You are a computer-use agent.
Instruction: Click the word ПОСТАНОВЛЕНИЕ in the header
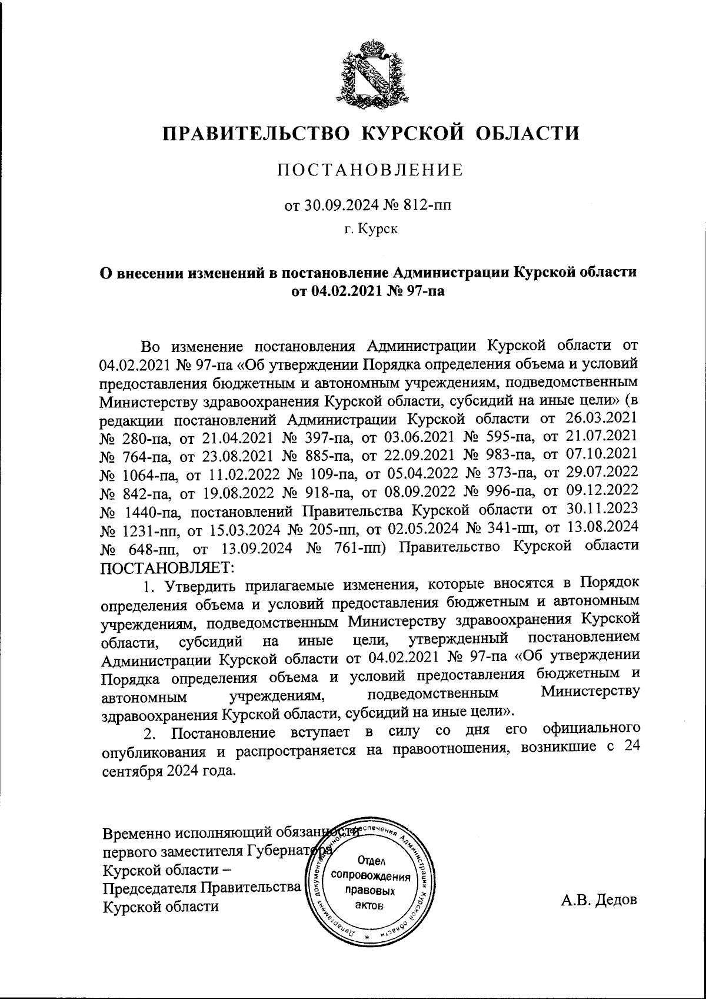[x=370, y=171]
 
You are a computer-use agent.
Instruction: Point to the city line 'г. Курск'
[x=371, y=229]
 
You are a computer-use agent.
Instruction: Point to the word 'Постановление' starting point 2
[x=224, y=734]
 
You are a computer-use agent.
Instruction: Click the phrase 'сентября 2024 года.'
[x=169, y=771]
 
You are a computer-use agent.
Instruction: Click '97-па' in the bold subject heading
[x=424, y=290]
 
